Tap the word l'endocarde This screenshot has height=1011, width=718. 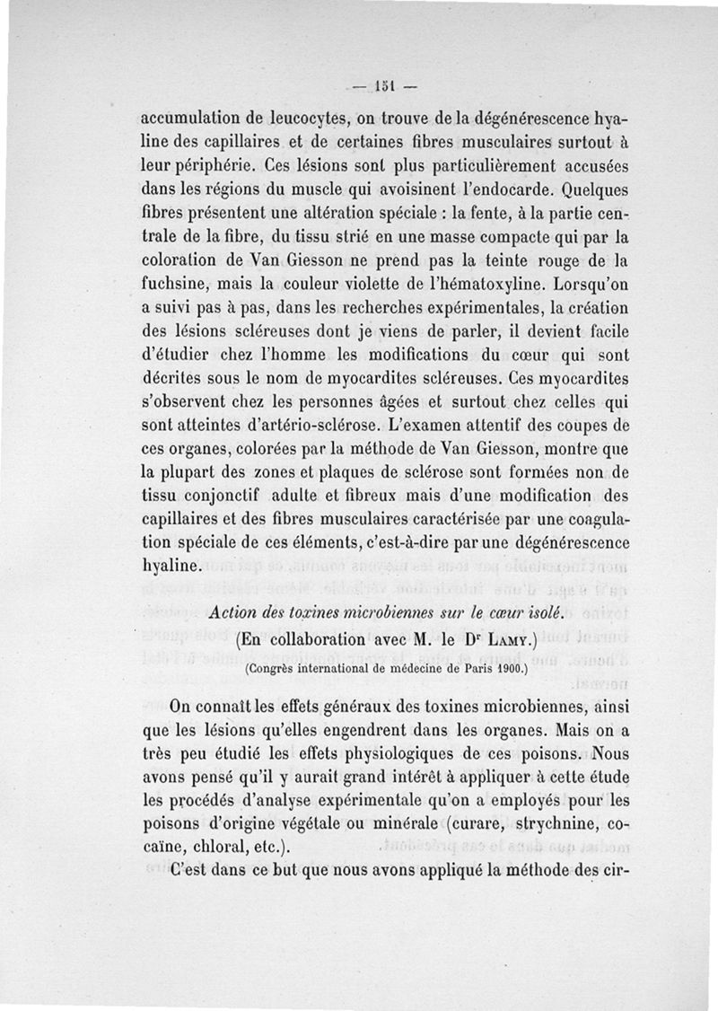[x=501, y=191]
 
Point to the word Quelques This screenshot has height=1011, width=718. [x=592, y=191]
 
